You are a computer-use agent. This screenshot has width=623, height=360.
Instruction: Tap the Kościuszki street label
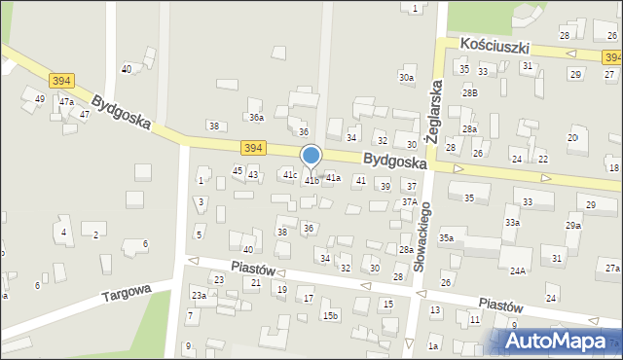(495, 46)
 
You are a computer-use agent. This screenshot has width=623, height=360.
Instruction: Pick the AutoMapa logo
(560, 341)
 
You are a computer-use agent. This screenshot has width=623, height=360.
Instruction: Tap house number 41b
(311, 181)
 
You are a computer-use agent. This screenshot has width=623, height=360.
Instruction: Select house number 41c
(289, 174)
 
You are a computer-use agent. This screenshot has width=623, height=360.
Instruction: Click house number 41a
(333, 177)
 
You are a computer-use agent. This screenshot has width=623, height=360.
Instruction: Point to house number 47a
(66, 101)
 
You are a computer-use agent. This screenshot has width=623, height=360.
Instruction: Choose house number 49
(40, 98)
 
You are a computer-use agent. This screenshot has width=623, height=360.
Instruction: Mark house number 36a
(256, 117)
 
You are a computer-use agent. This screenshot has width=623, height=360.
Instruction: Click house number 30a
(406, 77)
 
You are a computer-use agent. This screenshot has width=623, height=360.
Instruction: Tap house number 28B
(470, 92)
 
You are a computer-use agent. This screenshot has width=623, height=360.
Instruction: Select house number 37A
(410, 202)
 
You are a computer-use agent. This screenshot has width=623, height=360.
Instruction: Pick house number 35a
(446, 237)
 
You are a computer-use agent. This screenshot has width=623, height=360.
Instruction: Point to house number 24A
(517, 270)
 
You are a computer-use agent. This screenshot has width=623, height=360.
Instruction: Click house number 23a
(199, 295)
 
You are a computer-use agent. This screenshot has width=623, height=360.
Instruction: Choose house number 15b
(331, 315)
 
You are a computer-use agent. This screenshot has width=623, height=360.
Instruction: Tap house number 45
(238, 170)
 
